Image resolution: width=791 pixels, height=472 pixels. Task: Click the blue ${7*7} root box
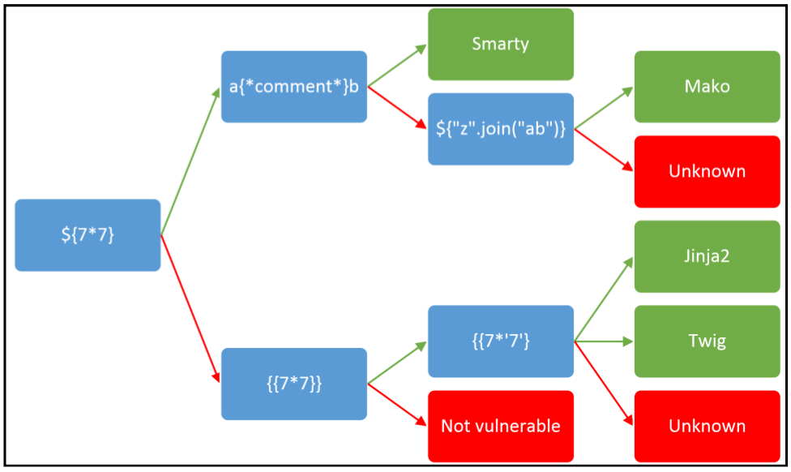tap(88, 235)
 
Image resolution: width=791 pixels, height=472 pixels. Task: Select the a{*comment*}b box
tap(293, 87)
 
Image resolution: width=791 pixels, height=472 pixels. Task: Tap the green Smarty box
tap(500, 45)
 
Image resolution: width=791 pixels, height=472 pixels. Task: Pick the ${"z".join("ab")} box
tap(500, 129)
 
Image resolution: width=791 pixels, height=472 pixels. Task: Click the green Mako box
tap(707, 87)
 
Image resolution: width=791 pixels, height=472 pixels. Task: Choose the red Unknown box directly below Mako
tap(707, 171)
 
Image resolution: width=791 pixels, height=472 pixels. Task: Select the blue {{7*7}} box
tap(293, 384)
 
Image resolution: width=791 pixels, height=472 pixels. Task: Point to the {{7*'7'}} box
tap(500, 341)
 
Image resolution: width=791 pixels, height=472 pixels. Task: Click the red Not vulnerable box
tap(500, 426)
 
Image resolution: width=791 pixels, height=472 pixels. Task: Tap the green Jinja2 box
tap(707, 256)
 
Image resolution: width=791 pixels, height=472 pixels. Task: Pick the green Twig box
tap(707, 341)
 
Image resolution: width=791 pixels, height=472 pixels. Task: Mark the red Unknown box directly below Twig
tap(707, 426)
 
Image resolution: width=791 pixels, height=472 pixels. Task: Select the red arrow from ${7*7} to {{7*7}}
tap(190, 309)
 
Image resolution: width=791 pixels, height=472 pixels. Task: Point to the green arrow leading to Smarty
tap(397, 66)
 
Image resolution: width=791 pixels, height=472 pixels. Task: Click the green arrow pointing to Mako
tap(604, 108)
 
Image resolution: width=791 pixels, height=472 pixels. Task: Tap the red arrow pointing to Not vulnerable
tap(397, 405)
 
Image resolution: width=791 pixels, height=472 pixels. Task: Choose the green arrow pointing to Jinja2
tap(604, 299)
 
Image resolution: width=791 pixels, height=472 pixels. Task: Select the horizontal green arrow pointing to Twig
tap(604, 341)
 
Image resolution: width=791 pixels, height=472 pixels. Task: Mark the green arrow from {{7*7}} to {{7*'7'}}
tap(397, 363)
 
